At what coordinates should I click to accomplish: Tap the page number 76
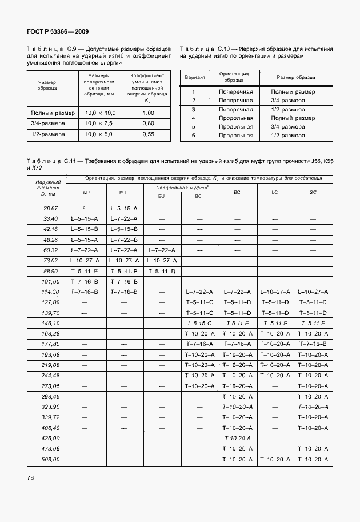tap(31, 477)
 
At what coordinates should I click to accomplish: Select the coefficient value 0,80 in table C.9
tap(148, 123)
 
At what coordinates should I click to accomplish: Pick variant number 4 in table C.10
tap(193, 118)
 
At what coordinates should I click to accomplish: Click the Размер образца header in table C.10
tap(295, 77)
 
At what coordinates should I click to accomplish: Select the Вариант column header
tap(193, 77)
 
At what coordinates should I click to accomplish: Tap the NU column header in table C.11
tap(86, 193)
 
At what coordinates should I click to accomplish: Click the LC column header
tap(275, 192)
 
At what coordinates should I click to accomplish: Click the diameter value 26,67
tap(51, 209)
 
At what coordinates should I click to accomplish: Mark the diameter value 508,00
tap(51, 459)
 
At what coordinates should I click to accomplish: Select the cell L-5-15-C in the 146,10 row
tap(199, 323)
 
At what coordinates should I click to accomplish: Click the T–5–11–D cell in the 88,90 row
tap(162, 271)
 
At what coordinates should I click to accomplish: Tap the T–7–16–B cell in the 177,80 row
tap(313, 344)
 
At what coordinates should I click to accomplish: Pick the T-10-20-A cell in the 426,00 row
tap(237, 438)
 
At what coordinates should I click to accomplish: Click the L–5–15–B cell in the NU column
tap(85, 229)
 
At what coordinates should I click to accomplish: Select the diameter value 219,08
tap(51, 365)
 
